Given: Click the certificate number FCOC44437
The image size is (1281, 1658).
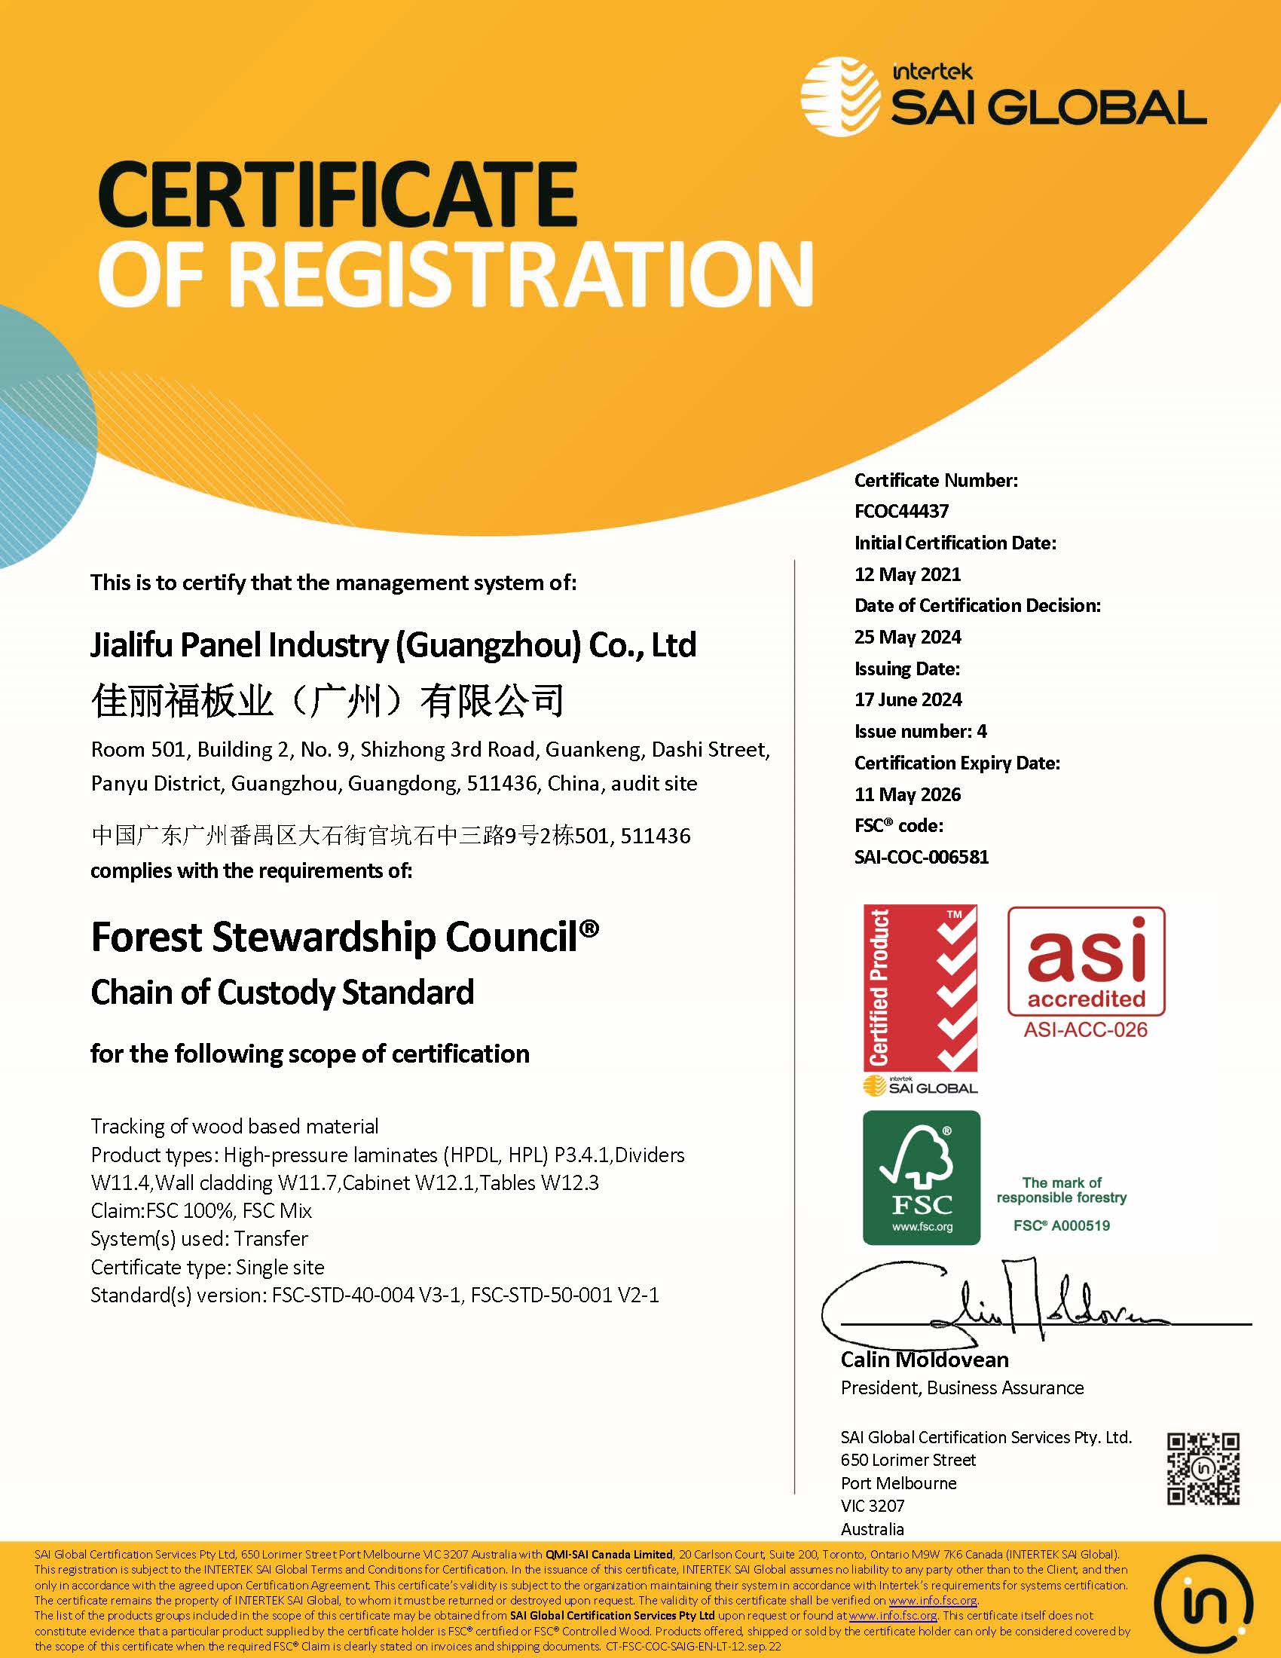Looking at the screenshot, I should tap(901, 511).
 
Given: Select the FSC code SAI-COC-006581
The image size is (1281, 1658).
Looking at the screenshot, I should tap(922, 857).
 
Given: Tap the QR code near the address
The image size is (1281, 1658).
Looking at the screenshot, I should tap(1203, 1469).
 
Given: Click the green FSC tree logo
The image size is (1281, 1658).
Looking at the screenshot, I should tap(922, 1177).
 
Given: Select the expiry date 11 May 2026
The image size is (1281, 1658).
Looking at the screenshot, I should tap(908, 795).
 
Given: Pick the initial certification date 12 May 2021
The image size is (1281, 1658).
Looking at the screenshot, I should tap(908, 574).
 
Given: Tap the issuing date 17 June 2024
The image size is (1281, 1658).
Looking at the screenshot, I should tap(908, 699).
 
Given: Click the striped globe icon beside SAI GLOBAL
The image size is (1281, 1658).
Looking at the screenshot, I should tap(839, 97).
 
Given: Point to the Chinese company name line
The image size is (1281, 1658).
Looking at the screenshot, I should tap(327, 700).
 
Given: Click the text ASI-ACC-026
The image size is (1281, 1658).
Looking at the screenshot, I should tap(1085, 1030).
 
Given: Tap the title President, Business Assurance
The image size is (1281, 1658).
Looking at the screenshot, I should tap(962, 1387).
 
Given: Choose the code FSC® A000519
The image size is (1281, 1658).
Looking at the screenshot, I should tap(1061, 1225).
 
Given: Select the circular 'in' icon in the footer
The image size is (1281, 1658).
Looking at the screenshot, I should tap(1203, 1600).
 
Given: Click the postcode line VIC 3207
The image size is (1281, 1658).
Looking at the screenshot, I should tap(873, 1506).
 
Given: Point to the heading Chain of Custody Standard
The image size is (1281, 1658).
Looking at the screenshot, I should tap(283, 993).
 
